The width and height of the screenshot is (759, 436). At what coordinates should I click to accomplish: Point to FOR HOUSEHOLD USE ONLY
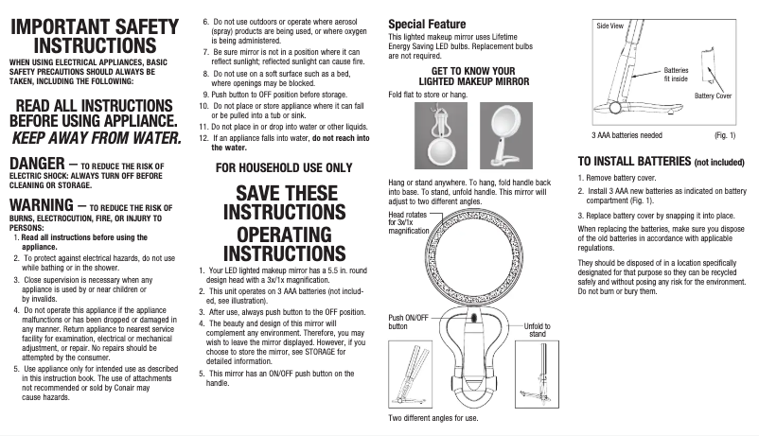284,167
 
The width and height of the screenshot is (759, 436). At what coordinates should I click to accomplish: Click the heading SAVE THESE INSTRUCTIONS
284,202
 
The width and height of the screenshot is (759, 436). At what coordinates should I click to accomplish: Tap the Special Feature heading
427,24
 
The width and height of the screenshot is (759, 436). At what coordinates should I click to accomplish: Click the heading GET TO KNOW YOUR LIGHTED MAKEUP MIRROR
472,77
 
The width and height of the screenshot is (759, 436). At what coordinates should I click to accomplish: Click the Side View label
609,26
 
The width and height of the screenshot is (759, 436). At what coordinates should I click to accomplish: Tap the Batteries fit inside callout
676,75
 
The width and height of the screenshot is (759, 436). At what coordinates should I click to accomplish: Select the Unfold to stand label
537,330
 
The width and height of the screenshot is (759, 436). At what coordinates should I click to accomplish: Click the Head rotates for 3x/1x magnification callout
410,223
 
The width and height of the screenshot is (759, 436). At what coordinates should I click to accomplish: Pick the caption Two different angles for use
433,417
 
